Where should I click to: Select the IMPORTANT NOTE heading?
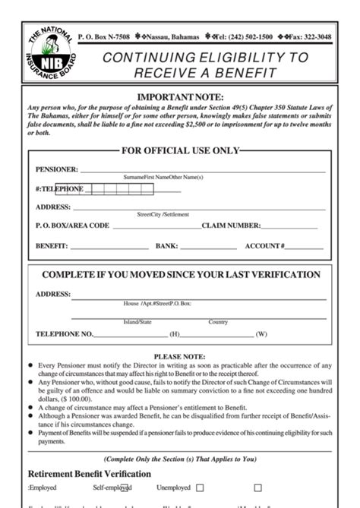[x=179, y=98]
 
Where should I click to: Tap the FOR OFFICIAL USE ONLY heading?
[x=180, y=151]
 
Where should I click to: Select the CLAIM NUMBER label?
[x=231, y=226]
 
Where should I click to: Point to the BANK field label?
[x=166, y=246]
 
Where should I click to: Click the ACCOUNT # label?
[x=264, y=246]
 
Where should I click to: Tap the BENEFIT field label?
[x=52, y=246]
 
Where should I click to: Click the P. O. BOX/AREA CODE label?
[x=72, y=226]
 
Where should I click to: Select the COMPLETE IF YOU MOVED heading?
[x=180, y=275]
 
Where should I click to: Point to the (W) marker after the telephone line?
[x=261, y=334]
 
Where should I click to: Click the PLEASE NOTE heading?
[x=179, y=355]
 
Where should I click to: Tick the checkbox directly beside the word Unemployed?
[x=200, y=488]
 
